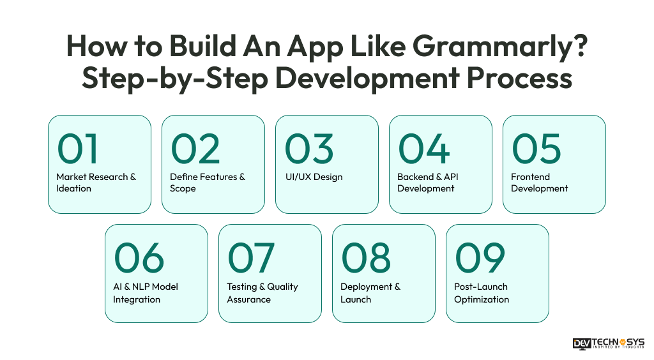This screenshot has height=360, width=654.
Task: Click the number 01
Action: pyautogui.click(x=78, y=148)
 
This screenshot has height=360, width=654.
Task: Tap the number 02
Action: pyautogui.click(x=195, y=148)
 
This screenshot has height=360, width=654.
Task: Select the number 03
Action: pyautogui.click(x=308, y=148)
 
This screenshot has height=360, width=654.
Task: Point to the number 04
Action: pyautogui.click(x=423, y=148)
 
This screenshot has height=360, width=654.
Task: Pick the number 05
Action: pyautogui.click(x=536, y=148)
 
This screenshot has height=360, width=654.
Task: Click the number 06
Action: pyautogui.click(x=139, y=257)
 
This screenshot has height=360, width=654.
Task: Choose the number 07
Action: pyautogui.click(x=251, y=257)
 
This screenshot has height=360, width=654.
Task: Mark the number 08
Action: pyautogui.click(x=365, y=257)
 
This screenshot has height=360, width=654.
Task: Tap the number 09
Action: pyautogui.click(x=480, y=257)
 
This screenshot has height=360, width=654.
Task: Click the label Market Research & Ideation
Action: pyautogui.click(x=96, y=183)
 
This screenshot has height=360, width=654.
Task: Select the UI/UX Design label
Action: pyautogui.click(x=313, y=177)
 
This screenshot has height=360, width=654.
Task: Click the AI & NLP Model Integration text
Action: pyautogui.click(x=146, y=293)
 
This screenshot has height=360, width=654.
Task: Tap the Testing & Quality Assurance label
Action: pyautogui.click(x=262, y=293)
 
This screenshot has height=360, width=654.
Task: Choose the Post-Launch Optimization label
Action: pyautogui.click(x=482, y=293)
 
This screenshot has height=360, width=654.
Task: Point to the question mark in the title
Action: pyautogui.click(x=579, y=46)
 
